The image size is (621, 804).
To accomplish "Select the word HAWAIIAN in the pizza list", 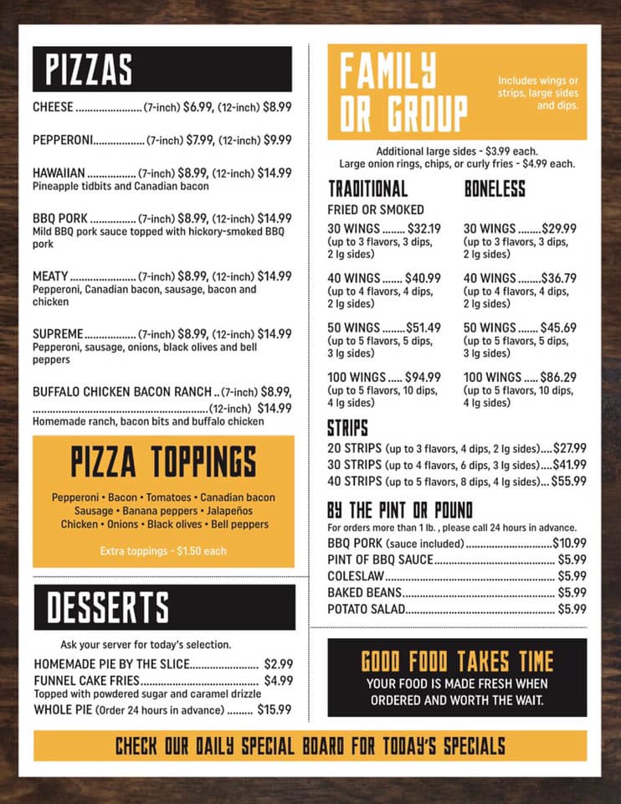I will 59,173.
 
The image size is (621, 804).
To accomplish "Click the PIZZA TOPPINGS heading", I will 163,462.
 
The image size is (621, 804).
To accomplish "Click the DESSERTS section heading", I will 107,608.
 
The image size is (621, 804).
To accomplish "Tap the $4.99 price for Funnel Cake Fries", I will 278,681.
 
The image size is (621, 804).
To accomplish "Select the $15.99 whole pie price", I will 275,709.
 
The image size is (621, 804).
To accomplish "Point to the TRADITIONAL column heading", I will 367,188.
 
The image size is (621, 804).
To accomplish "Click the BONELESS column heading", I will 495,188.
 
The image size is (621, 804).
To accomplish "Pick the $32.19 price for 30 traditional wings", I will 423,228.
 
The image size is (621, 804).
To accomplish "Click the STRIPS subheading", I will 347,429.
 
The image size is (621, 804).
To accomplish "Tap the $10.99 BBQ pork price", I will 569,543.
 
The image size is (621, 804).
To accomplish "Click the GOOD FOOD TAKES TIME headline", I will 457,662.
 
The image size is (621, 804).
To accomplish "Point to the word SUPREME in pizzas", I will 58,333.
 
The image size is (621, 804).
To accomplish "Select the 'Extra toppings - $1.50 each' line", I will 163,551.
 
